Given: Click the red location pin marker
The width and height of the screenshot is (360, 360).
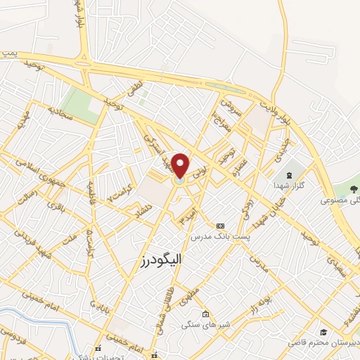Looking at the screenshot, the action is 181,166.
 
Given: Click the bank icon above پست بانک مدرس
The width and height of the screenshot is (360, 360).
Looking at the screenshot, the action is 221,226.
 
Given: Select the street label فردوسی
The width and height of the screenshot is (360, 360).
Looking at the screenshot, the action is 13,333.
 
